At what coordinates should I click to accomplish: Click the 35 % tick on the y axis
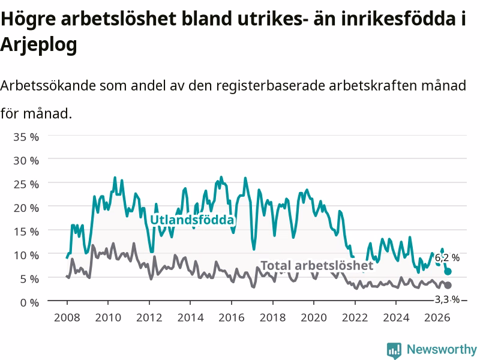pyautogui.click(x=26, y=137)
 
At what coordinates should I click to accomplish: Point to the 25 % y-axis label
pyautogui.click(x=26, y=184)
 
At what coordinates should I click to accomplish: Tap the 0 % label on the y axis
pyautogui.click(x=29, y=303)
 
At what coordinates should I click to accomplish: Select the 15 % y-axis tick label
pyautogui.click(x=26, y=232)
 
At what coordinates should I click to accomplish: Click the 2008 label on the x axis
pyautogui.click(x=67, y=317)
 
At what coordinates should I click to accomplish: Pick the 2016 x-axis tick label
pyautogui.click(x=232, y=317)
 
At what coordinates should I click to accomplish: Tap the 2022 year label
pyautogui.click(x=355, y=317)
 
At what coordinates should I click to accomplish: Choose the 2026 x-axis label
pyautogui.click(x=437, y=317)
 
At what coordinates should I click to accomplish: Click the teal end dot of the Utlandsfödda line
pyautogui.click(x=448, y=272)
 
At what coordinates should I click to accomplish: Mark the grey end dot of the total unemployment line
pyautogui.click(x=448, y=286)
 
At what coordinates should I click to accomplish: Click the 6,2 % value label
pyautogui.click(x=447, y=258)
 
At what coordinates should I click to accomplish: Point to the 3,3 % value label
pyautogui.click(x=447, y=299)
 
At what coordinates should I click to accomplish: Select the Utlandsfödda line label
pyautogui.click(x=192, y=220)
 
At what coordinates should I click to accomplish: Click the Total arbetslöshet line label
pyautogui.click(x=317, y=265)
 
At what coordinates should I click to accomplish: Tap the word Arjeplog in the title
pyautogui.click(x=38, y=44)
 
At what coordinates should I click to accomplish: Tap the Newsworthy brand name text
pyautogui.click(x=442, y=349)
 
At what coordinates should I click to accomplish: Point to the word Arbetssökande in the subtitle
pyautogui.click(x=48, y=85)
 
